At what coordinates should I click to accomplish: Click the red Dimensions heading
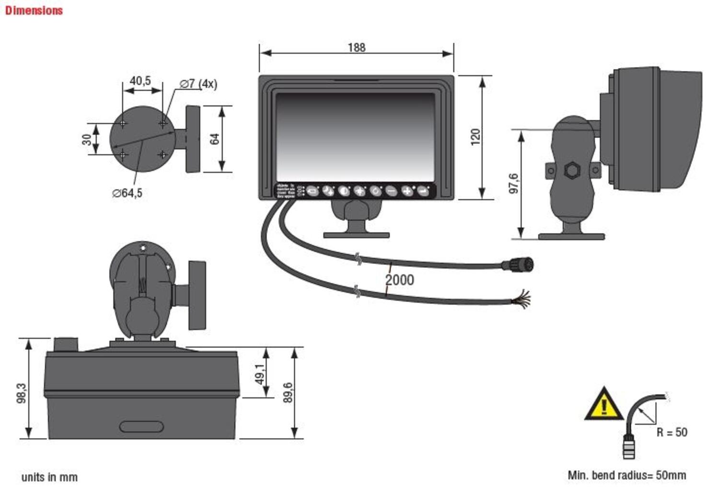tap(34, 11)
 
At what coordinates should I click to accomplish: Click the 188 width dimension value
tap(356, 47)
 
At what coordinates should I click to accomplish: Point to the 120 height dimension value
tap(475, 137)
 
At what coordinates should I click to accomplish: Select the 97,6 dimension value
tap(513, 184)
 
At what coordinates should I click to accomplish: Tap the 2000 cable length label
tap(399, 280)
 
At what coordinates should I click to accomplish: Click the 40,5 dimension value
tap(140, 81)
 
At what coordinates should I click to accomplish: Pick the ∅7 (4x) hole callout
tap(198, 84)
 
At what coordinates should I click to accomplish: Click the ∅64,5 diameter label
tap(127, 193)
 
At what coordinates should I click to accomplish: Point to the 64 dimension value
tap(214, 139)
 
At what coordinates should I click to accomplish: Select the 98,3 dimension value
tap(22, 393)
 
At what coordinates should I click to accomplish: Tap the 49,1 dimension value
tap(259, 374)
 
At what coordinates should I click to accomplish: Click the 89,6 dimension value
tap(288, 392)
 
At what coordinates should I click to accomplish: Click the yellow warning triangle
tap(603, 405)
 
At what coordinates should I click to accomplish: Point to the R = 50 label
tap(672, 432)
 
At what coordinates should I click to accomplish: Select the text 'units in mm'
tap(49, 477)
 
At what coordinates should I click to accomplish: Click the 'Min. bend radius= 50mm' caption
tap(626, 475)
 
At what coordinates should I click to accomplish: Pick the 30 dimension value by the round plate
tap(86, 139)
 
